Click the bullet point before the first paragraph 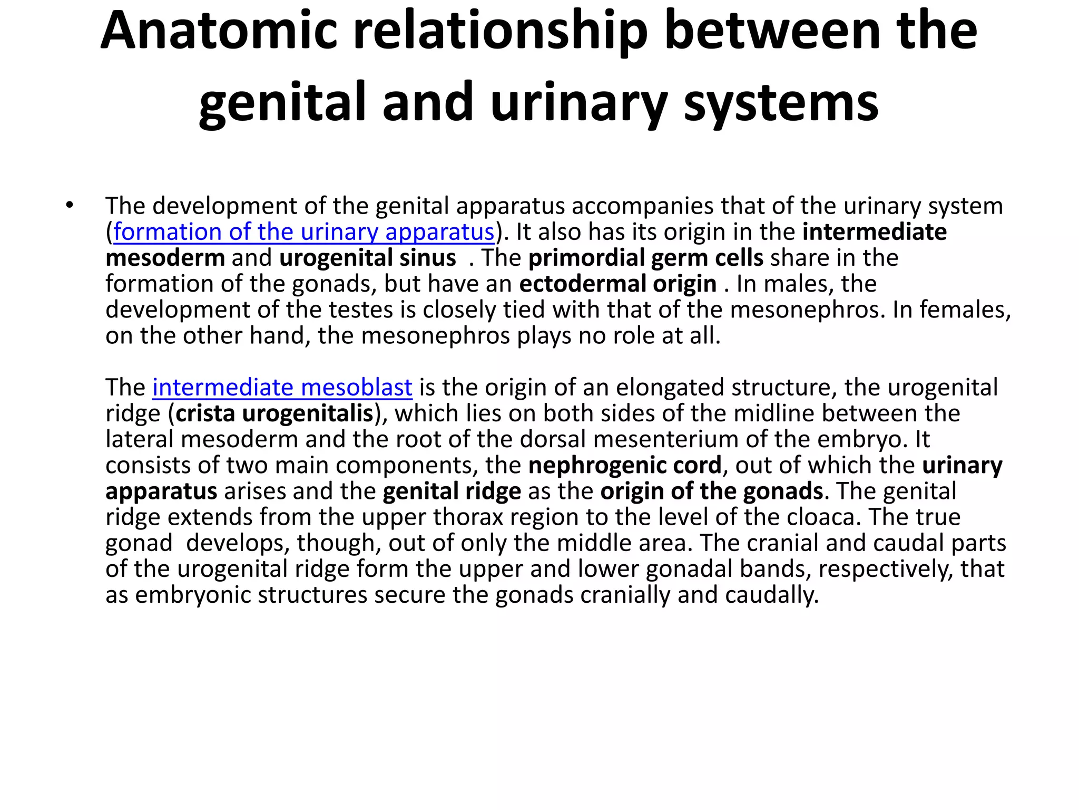click(x=70, y=206)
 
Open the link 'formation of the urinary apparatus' click(x=304, y=232)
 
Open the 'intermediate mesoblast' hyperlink click(x=282, y=388)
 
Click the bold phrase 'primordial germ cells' click(x=646, y=258)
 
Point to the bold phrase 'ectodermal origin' click(x=617, y=284)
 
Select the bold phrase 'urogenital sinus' click(x=367, y=258)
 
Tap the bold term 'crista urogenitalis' click(x=274, y=413)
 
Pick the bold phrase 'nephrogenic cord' click(x=624, y=465)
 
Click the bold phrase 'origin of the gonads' click(x=711, y=491)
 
